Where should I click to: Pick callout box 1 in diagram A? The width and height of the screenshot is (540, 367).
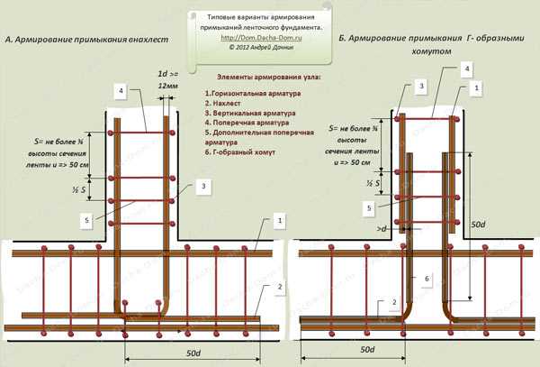click(280, 220)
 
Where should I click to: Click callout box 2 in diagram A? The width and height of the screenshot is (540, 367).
click(280, 286)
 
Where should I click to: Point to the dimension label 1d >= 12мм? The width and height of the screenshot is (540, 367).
click(168, 78)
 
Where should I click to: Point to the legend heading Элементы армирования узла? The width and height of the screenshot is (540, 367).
click(268, 78)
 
